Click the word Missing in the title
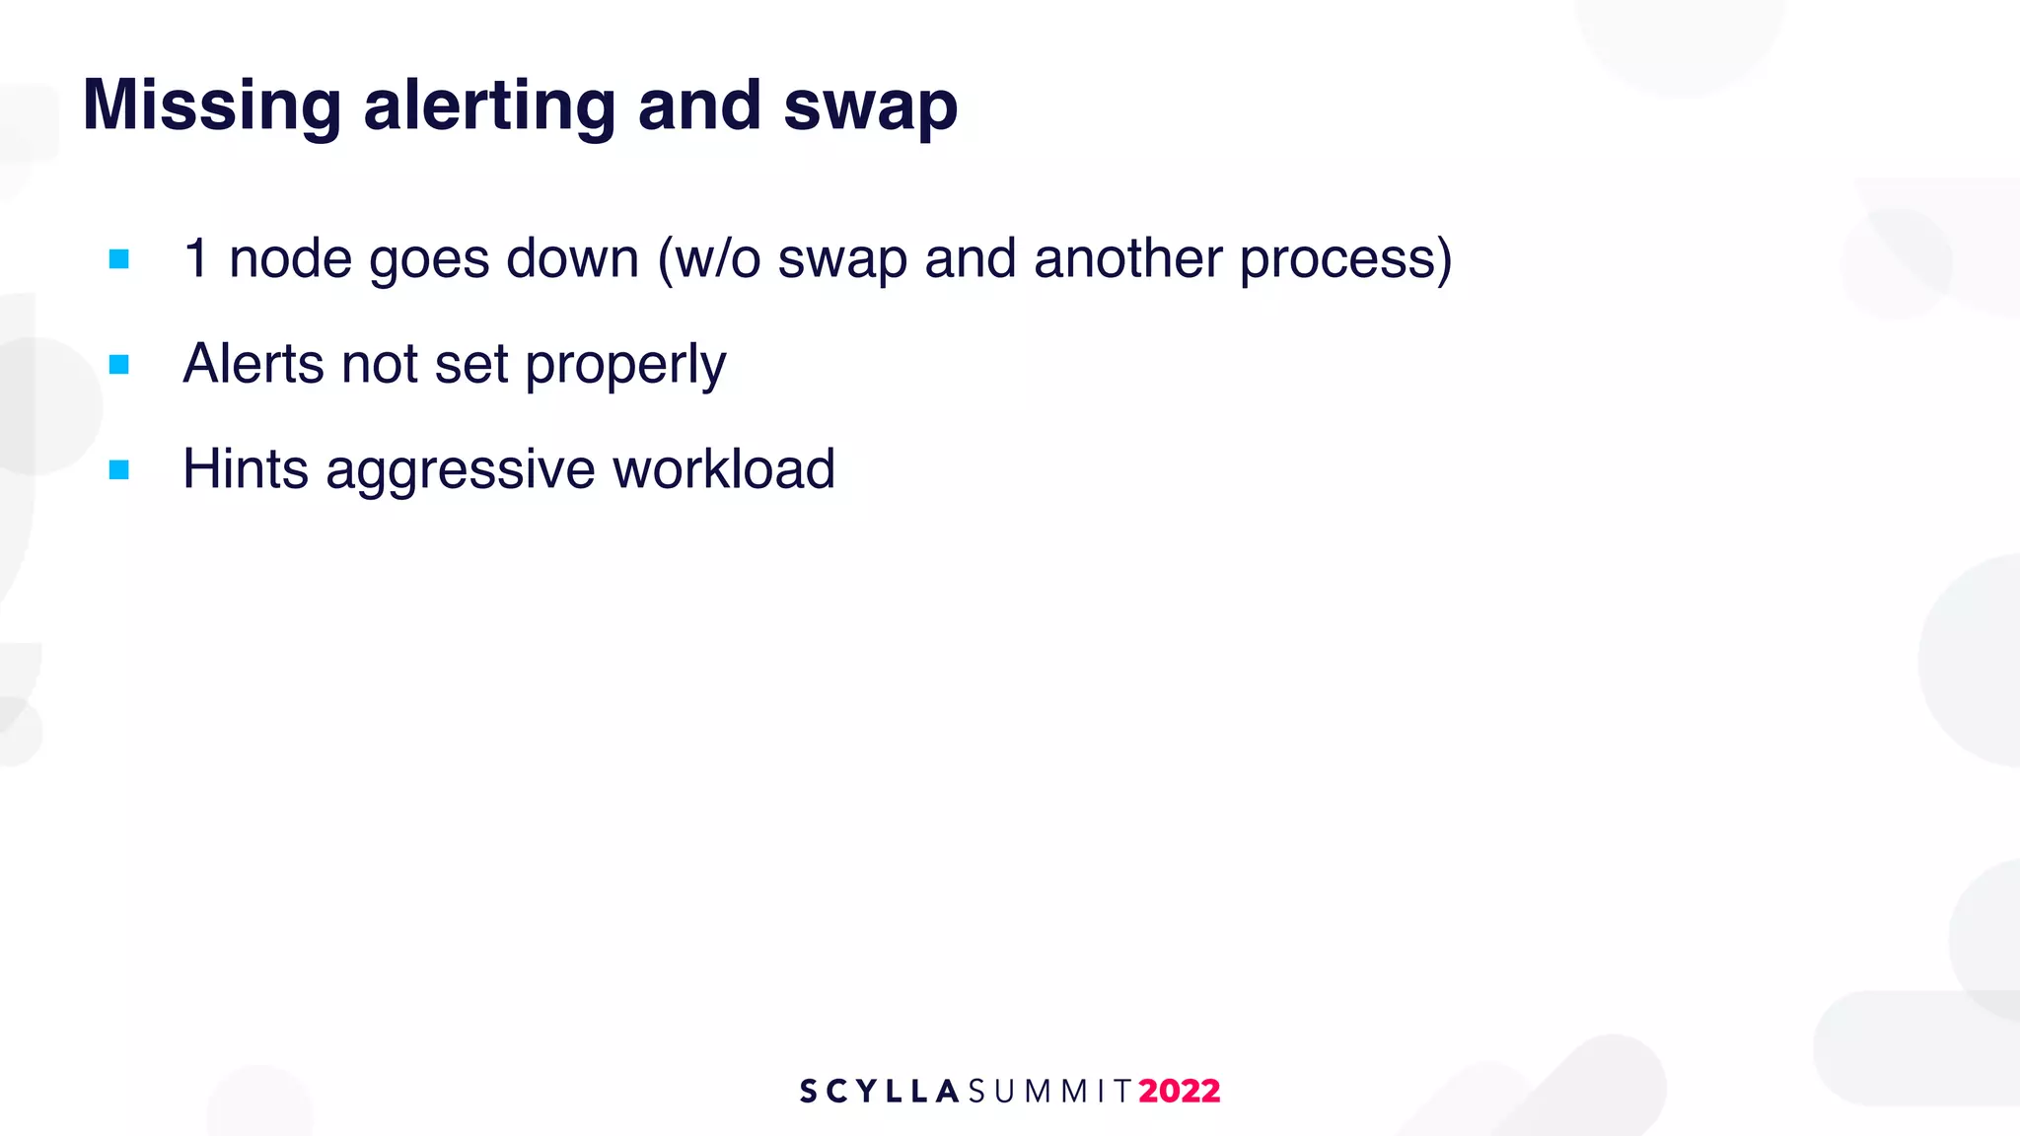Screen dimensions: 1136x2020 tap(211, 106)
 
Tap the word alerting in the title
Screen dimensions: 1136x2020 tap(488, 106)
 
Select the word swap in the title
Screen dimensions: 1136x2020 tap(870, 106)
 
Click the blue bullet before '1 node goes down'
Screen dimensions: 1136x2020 tap(119, 259)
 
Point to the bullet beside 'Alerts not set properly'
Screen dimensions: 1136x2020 tap(119, 365)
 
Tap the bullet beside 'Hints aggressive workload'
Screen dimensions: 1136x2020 tap(119, 470)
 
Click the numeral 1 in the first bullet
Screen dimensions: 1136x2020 tap(196, 259)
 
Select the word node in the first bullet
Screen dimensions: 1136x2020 tap(290, 259)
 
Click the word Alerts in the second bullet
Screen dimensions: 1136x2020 tap(252, 364)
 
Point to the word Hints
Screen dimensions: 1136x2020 tap(246, 469)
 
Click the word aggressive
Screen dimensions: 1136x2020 tap(460, 471)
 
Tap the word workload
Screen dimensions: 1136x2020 tap(723, 469)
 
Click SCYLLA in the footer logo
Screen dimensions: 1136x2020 tap(879, 1092)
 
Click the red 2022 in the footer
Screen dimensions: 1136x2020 tap(1180, 1092)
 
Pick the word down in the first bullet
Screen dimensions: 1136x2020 tap(572, 259)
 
